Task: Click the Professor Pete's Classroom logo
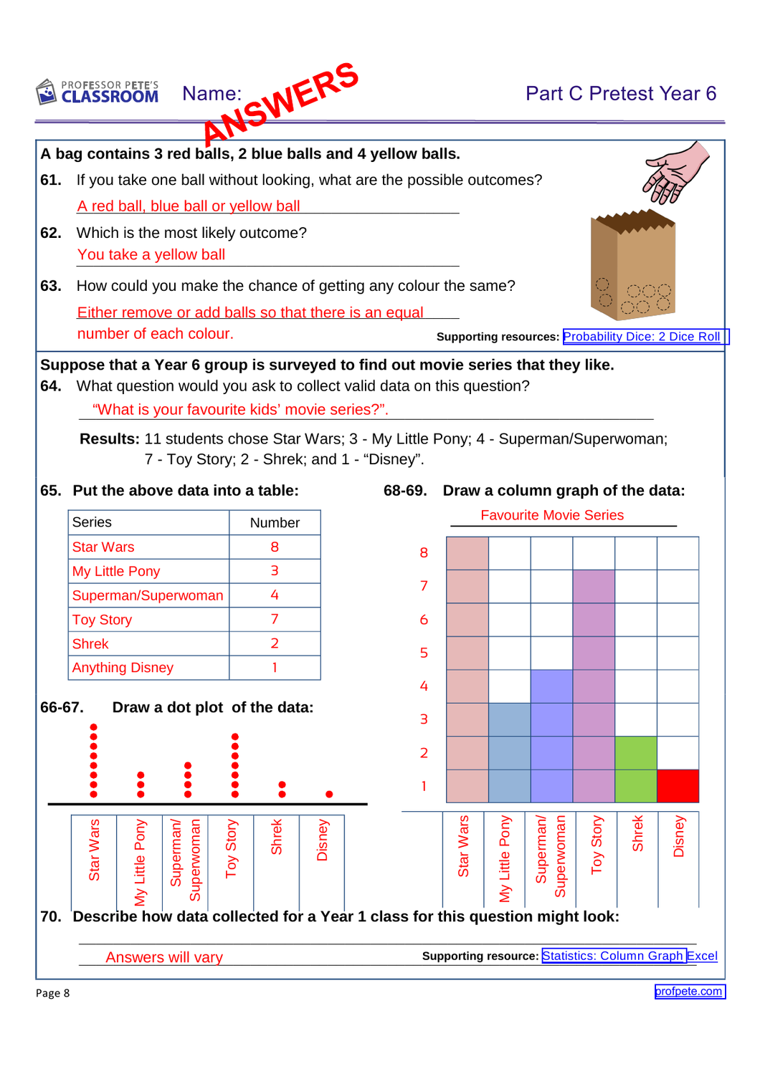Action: click(98, 92)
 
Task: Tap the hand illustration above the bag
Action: click(675, 173)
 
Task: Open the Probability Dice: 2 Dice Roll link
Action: click(642, 337)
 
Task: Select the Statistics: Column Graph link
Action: click(613, 956)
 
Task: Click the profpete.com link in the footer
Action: click(689, 992)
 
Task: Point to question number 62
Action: click(50, 233)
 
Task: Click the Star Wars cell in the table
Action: click(103, 547)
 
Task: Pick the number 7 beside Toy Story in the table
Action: click(275, 619)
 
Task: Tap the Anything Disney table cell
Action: click(123, 668)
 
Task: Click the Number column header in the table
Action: click(275, 523)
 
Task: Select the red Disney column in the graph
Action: click(678, 786)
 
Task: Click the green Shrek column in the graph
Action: click(636, 769)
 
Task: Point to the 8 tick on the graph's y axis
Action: click(424, 553)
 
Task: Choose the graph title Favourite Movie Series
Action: click(552, 515)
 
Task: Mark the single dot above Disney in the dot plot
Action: click(329, 794)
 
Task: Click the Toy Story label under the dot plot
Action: click(231, 848)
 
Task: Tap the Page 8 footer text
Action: click(53, 993)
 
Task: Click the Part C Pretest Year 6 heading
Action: click(621, 94)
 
